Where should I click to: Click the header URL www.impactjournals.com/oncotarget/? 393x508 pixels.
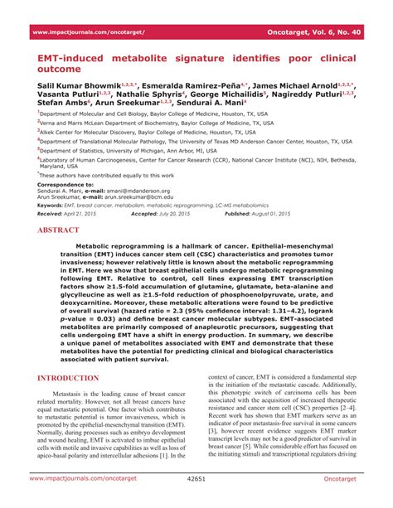(x=88, y=31)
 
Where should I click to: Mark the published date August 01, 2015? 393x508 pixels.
(x=316, y=214)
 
